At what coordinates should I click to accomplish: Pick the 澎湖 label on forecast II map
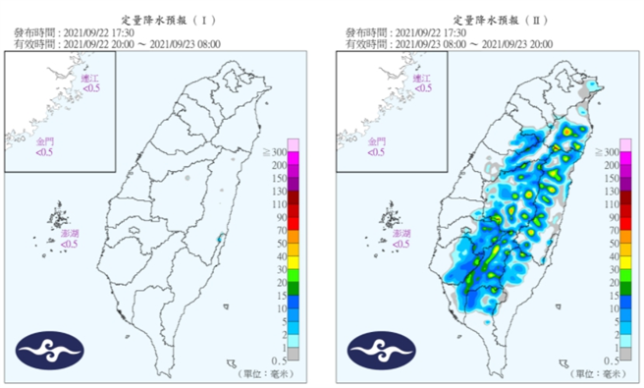coord(399,236)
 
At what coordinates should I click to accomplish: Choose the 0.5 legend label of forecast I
coord(279,360)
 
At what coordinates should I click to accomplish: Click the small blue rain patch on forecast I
coord(219,237)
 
